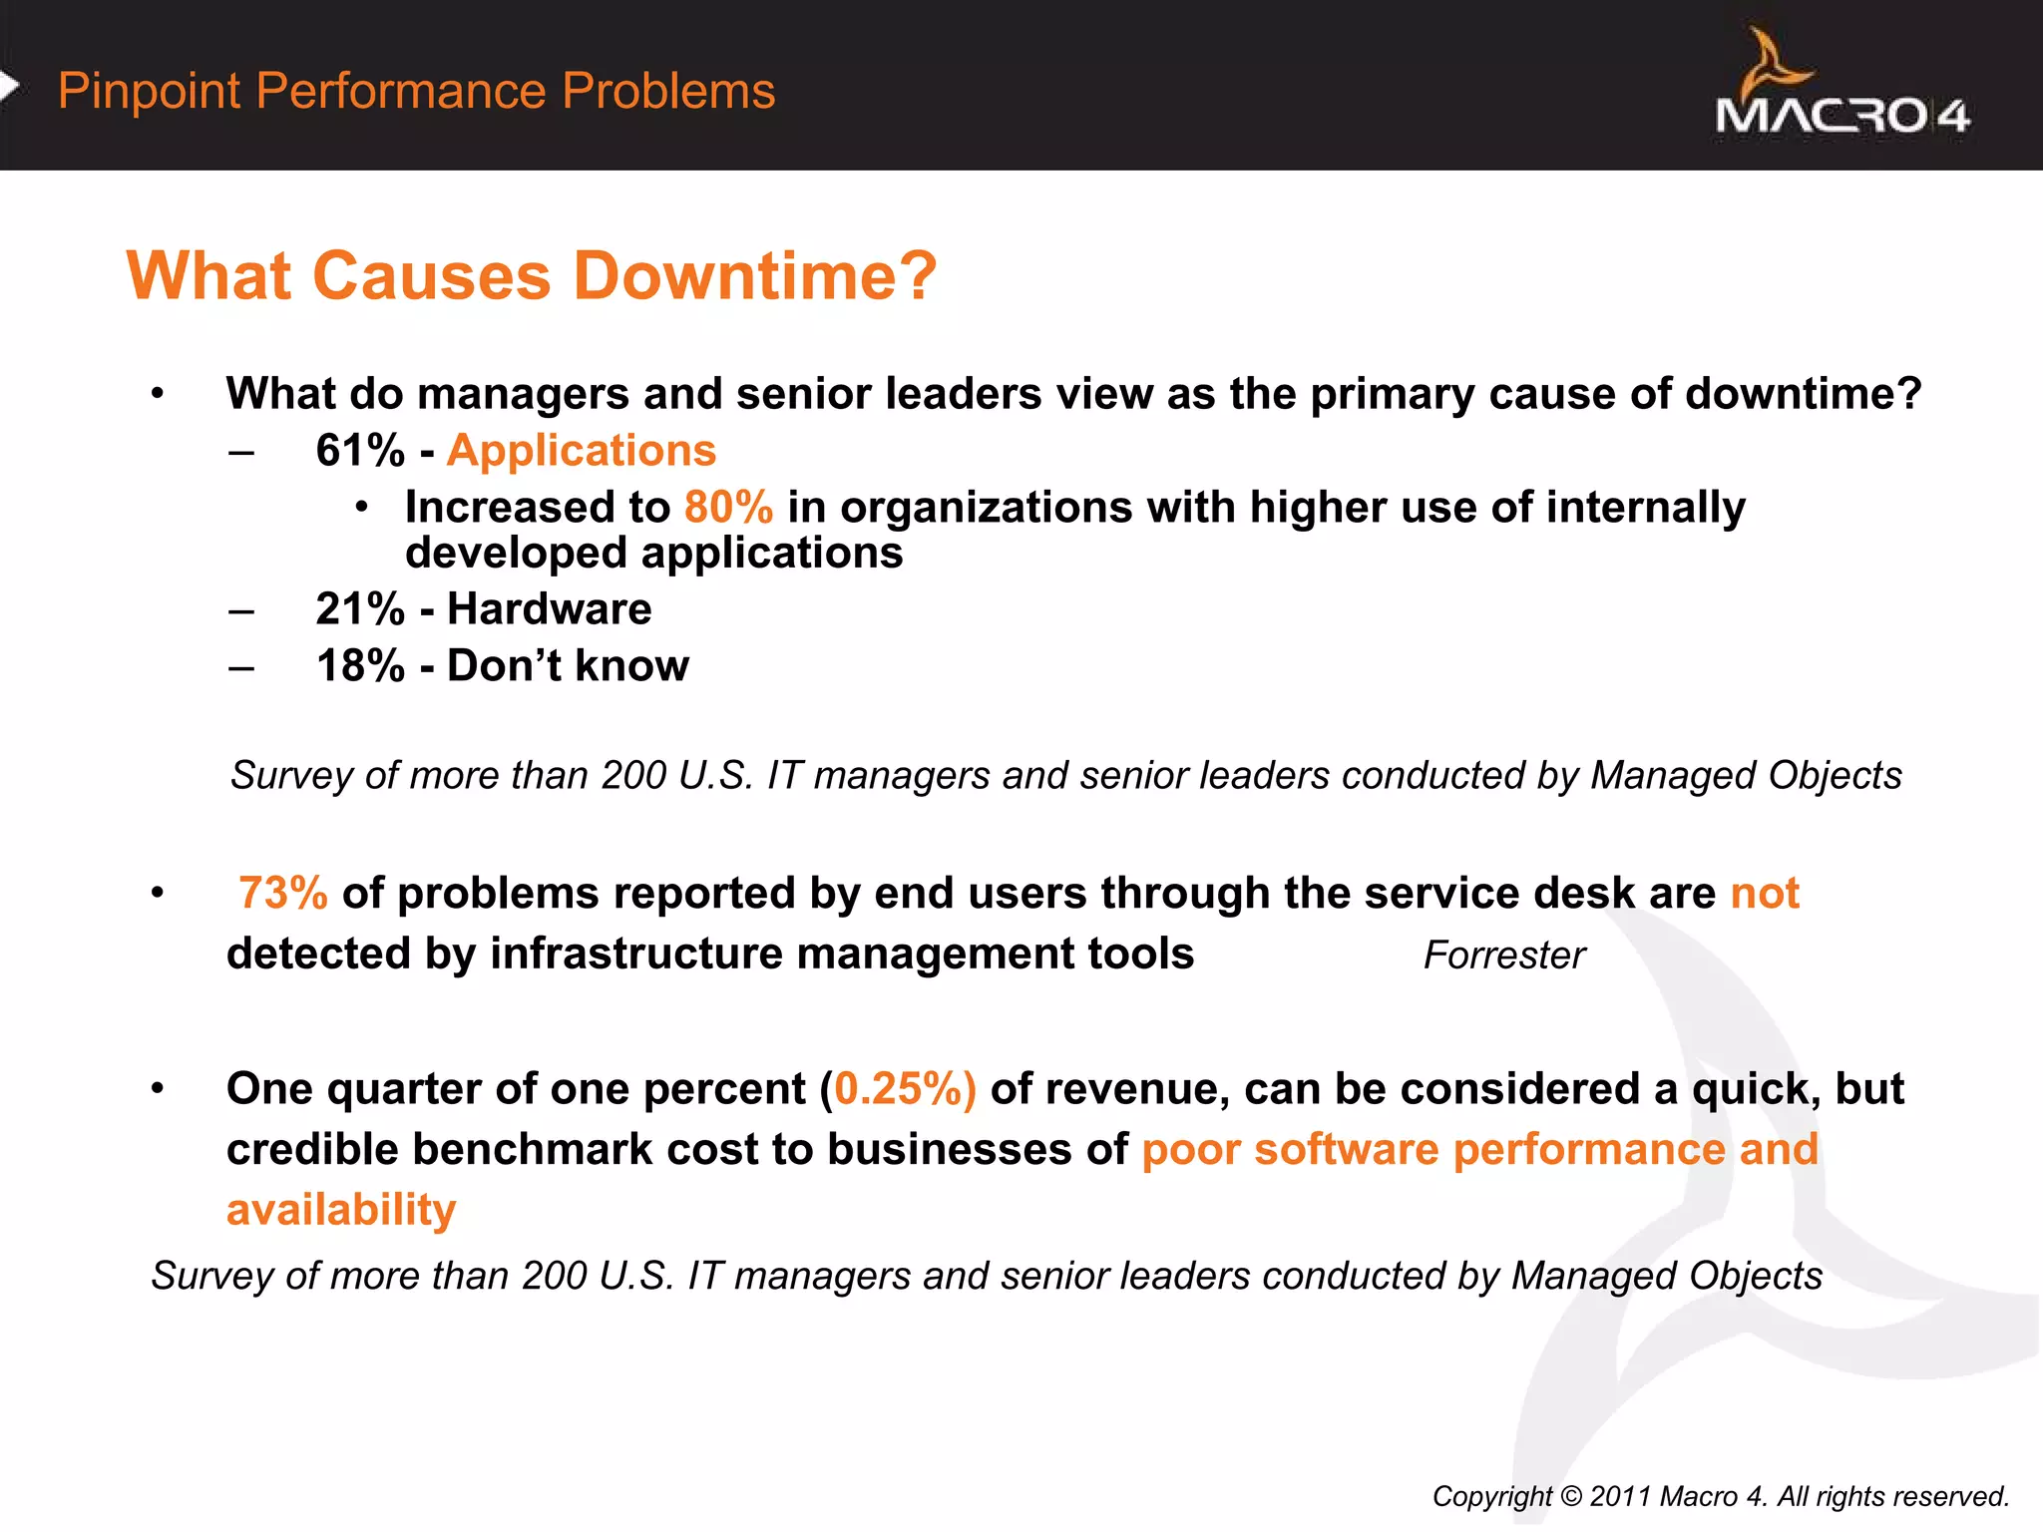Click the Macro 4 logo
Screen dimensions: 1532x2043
click(1841, 88)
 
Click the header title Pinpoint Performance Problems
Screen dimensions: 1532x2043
click(416, 91)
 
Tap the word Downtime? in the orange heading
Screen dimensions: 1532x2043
click(755, 275)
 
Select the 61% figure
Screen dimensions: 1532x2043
click(360, 451)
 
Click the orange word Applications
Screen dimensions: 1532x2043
click(581, 451)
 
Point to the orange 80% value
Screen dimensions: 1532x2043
click(728, 508)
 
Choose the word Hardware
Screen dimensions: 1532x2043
click(549, 609)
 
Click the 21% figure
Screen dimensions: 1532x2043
click(360, 609)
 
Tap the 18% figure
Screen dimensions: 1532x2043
click(360, 666)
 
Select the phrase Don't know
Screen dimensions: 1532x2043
click(568, 666)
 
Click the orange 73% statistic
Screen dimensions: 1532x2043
click(283, 894)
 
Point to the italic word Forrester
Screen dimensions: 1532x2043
click(1504, 956)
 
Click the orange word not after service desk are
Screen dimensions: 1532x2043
click(1764, 894)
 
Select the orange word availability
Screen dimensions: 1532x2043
click(341, 1210)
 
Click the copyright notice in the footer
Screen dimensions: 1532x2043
click(1720, 1496)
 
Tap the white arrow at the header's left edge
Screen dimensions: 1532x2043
click(9, 87)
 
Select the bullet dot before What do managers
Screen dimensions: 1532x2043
click(158, 395)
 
